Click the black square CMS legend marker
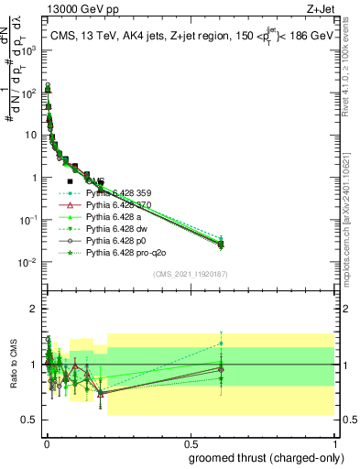click(70, 181)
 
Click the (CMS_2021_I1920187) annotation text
click(190, 272)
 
